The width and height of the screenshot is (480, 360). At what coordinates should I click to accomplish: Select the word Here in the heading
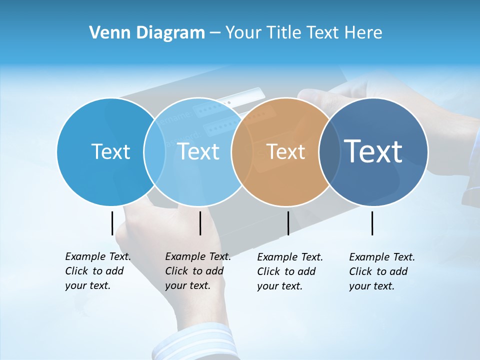click(364, 33)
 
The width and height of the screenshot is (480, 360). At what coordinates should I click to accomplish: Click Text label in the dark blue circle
click(373, 151)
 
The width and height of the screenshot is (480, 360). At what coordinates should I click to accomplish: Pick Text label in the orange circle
click(285, 151)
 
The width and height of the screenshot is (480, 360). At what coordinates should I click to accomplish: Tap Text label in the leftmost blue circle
click(110, 151)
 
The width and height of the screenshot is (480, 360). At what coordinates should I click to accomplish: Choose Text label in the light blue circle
click(198, 151)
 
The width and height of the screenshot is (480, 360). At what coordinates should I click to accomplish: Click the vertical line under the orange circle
click(288, 223)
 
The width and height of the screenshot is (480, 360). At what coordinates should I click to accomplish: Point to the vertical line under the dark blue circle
click(372, 223)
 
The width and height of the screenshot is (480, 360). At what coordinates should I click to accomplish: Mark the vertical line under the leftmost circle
click(112, 223)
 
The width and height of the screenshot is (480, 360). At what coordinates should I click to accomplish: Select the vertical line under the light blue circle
click(200, 223)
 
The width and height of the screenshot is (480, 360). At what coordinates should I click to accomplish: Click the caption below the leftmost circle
click(97, 271)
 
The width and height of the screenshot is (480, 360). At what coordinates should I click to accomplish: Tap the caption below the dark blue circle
click(381, 271)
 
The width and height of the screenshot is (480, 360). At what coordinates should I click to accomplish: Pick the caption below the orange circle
click(289, 271)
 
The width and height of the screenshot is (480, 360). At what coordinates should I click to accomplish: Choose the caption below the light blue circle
click(197, 271)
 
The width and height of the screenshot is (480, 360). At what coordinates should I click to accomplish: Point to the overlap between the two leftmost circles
click(154, 151)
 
